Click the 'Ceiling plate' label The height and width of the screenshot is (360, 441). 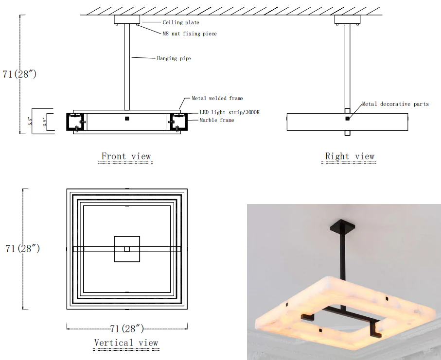(x=181, y=22)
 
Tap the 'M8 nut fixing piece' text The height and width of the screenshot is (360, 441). (x=190, y=34)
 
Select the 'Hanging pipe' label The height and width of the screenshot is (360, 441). (x=174, y=58)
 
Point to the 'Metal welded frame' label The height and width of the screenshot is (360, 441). (x=217, y=98)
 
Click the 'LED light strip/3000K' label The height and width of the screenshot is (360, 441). (x=229, y=112)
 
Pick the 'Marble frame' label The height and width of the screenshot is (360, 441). (x=216, y=120)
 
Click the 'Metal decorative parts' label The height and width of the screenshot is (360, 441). (x=395, y=104)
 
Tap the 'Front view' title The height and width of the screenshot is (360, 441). (x=126, y=156)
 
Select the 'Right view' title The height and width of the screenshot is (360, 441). (x=350, y=156)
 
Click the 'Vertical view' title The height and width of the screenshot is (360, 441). (x=126, y=343)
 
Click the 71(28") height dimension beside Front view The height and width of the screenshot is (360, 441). (x=19, y=74)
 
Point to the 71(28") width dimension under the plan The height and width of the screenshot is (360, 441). (x=126, y=328)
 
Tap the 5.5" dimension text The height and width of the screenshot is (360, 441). (x=30, y=121)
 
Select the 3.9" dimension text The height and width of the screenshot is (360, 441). (x=45, y=121)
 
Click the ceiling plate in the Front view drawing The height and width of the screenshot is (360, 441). (x=127, y=19)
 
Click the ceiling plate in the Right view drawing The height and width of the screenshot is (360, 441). (x=347, y=19)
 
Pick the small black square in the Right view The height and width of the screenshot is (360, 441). (x=347, y=119)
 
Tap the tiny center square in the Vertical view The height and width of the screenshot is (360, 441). (x=127, y=249)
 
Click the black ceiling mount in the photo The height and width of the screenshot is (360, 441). (x=342, y=225)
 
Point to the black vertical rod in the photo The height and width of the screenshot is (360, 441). (x=343, y=255)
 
